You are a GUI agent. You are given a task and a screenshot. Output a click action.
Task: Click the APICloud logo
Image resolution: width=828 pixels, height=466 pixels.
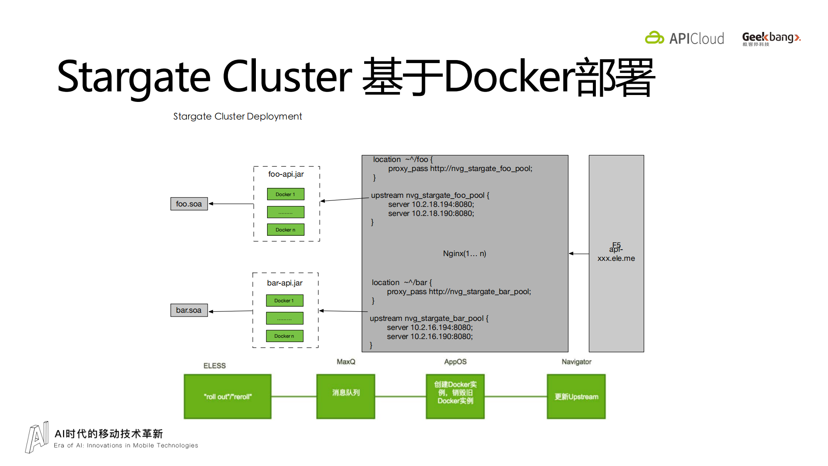point(684,38)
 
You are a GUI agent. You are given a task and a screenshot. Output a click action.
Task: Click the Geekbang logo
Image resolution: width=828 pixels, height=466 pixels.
point(771,38)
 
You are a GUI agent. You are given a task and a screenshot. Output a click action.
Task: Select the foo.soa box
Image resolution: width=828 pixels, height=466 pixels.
point(189,204)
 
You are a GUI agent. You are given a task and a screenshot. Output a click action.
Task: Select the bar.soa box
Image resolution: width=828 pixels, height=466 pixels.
point(189,310)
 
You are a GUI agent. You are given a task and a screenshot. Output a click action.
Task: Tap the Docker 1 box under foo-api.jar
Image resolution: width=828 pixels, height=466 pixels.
point(285,194)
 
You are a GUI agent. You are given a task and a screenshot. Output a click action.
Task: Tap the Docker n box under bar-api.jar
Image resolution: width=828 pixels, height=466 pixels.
point(284,336)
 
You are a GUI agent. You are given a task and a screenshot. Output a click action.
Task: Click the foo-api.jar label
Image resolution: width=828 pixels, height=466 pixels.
point(286,174)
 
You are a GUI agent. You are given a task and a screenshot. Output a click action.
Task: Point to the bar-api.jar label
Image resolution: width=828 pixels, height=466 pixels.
point(284,283)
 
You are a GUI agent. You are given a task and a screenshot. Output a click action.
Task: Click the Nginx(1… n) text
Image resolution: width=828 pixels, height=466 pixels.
point(464,254)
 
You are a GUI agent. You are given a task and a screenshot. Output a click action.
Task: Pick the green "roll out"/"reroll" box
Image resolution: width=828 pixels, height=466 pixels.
point(227,396)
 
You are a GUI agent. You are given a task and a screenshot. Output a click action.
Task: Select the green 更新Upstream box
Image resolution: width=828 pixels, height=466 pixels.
point(576,396)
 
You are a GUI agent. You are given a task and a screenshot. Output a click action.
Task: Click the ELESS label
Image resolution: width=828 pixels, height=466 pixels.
point(214,366)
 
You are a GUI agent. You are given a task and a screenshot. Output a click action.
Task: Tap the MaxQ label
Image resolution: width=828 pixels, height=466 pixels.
point(346,362)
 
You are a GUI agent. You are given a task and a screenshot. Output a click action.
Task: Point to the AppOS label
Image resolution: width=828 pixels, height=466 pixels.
point(455,362)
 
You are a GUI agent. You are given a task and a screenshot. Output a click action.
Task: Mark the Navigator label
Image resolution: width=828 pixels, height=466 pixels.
point(576,362)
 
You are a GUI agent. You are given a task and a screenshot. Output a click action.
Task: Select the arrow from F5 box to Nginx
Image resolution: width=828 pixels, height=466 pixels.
point(579,254)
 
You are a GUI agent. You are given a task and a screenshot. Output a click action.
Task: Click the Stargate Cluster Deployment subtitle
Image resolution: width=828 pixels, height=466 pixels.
point(237,117)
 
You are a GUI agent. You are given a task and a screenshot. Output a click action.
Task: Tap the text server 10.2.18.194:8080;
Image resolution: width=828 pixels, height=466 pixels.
point(431,204)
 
